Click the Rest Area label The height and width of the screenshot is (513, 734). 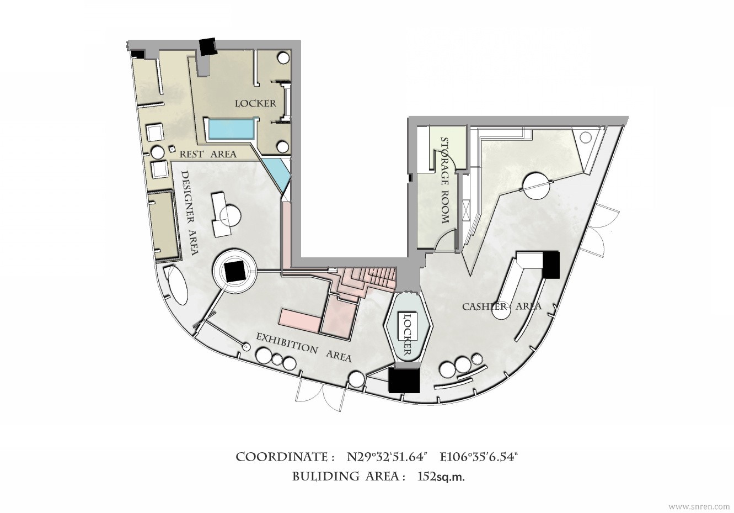click(x=208, y=154)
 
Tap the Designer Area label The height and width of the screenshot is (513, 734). click(x=190, y=213)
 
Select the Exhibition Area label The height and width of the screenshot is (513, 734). click(x=303, y=347)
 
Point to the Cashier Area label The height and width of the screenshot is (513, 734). click(x=502, y=306)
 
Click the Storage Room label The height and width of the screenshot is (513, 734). click(x=444, y=180)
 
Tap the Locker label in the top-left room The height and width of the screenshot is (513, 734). click(x=255, y=103)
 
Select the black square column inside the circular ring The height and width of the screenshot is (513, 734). click(x=234, y=271)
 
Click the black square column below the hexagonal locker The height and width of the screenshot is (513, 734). click(x=404, y=380)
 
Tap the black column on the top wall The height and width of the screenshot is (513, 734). click(x=208, y=46)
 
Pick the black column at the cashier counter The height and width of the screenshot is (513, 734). click(x=550, y=265)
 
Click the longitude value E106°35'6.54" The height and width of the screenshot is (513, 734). click(x=479, y=457)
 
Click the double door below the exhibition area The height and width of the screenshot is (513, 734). click(x=320, y=396)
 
